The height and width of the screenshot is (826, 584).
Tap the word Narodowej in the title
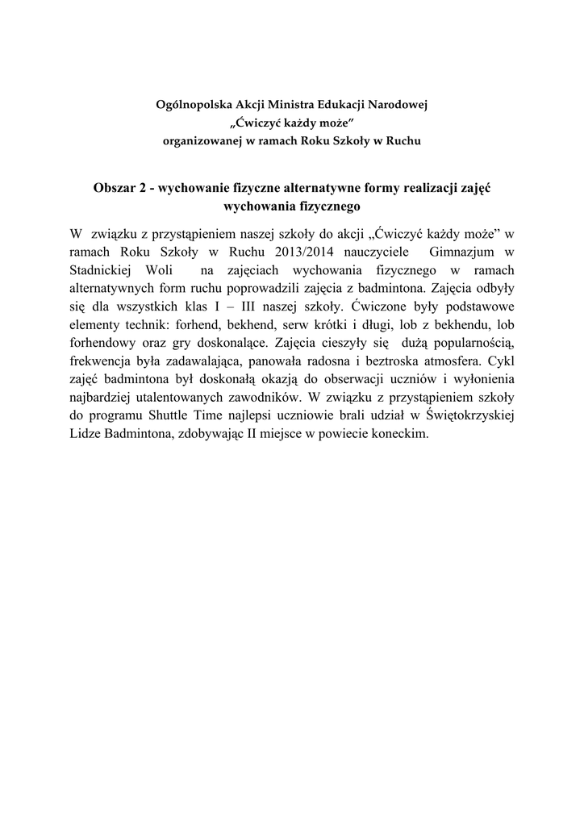click(x=397, y=106)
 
